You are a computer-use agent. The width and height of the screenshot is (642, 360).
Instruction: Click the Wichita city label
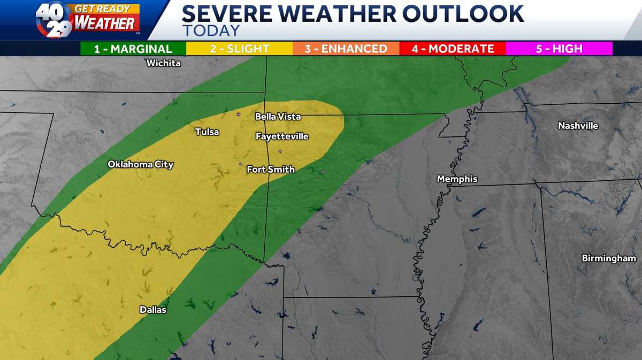(164, 63)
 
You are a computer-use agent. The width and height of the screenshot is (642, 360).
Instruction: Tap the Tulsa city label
(207, 132)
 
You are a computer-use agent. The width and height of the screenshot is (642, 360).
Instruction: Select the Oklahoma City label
(141, 164)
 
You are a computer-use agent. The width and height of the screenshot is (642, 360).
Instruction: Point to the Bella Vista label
(278, 116)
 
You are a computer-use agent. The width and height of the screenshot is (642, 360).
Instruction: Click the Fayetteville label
(282, 136)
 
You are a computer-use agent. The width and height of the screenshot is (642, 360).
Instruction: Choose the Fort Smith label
(271, 170)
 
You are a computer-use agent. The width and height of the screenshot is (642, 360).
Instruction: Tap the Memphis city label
(457, 179)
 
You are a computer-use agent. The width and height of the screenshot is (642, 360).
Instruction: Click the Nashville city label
(578, 126)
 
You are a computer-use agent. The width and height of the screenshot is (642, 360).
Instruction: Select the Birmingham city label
(609, 258)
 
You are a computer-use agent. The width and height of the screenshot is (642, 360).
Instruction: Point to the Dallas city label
(153, 310)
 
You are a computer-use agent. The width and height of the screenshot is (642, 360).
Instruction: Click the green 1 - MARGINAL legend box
(133, 49)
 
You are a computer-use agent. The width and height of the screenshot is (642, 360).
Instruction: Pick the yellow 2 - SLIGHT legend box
(239, 49)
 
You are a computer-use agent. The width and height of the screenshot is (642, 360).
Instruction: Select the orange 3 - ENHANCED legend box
(346, 49)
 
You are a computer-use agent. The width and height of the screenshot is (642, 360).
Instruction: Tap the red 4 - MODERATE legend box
(453, 49)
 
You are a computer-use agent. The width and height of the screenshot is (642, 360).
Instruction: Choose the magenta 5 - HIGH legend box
(559, 49)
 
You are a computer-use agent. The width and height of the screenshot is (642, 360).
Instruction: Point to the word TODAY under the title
(211, 30)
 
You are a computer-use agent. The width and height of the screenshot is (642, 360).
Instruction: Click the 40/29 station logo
(53, 19)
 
